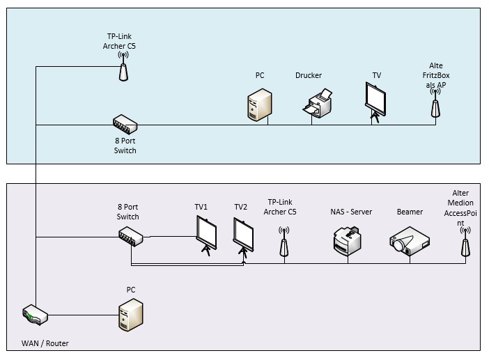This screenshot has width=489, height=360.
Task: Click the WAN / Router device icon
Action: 36,315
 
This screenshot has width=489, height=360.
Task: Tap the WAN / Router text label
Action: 46,343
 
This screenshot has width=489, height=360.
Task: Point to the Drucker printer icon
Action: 318,103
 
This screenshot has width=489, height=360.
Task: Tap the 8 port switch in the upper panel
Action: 125,125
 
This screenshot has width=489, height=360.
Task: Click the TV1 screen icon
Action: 207,235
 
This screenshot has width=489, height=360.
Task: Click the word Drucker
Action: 308,75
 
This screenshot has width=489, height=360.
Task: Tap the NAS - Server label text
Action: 351,212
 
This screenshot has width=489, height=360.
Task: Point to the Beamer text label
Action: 410,212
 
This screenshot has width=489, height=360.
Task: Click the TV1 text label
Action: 201,207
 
